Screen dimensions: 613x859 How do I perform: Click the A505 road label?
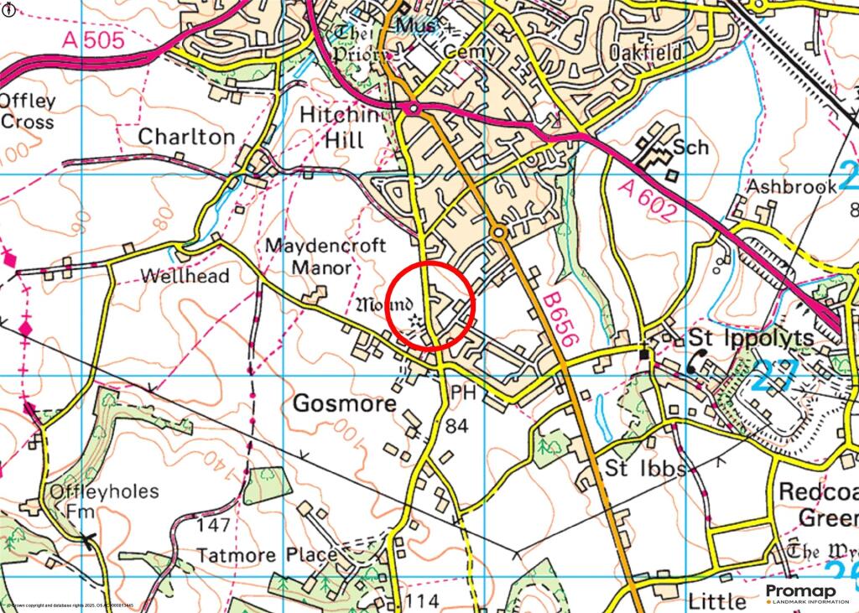tap(91, 39)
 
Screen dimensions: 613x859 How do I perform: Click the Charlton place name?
tap(186, 136)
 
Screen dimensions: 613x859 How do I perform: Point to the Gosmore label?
tap(344, 403)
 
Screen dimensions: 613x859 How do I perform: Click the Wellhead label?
tap(185, 276)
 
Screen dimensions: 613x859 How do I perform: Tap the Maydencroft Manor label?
tap(325, 257)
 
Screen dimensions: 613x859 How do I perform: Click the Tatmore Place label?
tap(267, 555)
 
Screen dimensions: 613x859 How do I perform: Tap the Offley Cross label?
tap(28, 112)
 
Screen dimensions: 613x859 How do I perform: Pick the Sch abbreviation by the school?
tap(695, 148)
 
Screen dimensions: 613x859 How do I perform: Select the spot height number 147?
tap(212, 525)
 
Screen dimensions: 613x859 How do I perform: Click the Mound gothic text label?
tap(385, 303)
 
